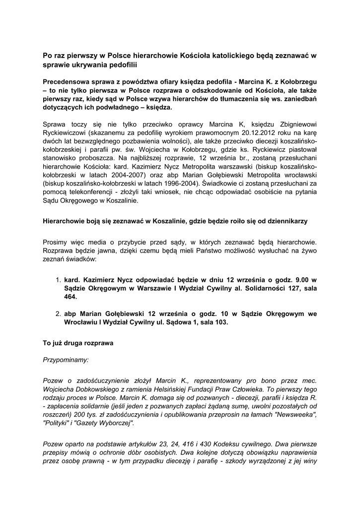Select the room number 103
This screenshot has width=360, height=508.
pos(219,322)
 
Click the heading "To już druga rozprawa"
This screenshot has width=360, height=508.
pos(78,343)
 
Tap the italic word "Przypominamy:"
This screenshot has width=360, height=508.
pos(66,361)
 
